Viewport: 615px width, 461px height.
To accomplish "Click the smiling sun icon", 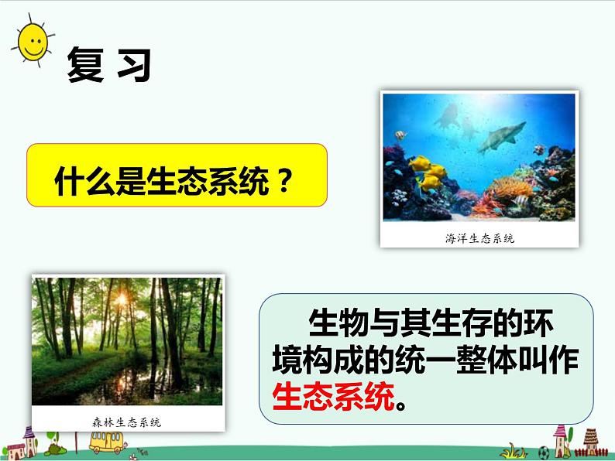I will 32,39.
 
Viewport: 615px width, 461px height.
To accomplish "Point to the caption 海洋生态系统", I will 479,238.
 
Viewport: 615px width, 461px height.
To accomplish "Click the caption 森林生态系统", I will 128,422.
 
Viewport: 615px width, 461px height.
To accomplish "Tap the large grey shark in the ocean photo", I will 495,138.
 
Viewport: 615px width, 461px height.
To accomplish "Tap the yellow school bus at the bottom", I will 107,443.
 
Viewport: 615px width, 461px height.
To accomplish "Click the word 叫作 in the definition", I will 551,360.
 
